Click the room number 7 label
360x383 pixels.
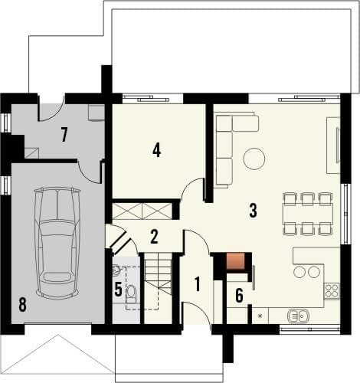[64, 135]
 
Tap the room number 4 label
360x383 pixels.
[156, 150]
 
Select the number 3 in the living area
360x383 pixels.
[253, 211]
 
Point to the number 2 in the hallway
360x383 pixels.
[154, 237]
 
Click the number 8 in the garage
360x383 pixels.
[23, 305]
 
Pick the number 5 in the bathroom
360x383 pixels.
[118, 290]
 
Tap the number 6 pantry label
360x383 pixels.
[239, 296]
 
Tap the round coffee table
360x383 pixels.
[254, 159]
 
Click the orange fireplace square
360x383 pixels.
[235, 261]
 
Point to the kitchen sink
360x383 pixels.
[298, 316]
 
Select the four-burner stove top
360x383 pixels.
[332, 291]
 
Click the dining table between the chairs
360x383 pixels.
[308, 214]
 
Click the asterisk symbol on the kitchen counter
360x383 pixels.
[260, 316]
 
